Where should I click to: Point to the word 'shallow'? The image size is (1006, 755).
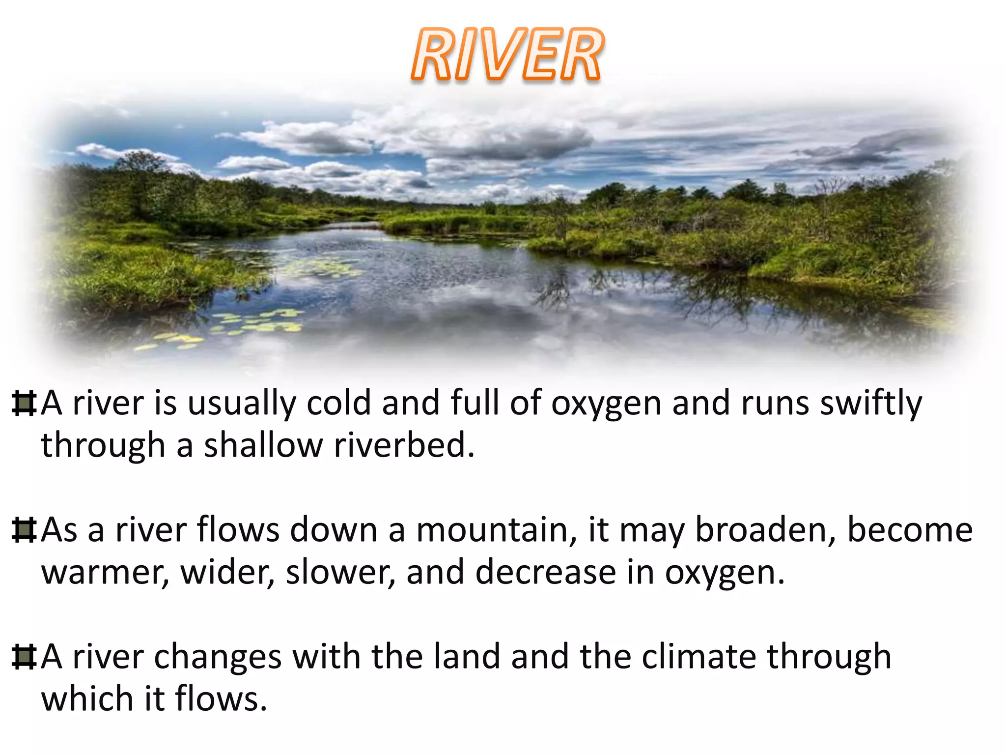(263, 445)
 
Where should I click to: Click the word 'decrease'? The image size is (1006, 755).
(545, 573)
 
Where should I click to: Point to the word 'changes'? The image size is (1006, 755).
(218, 657)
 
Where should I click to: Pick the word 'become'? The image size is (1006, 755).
(910, 530)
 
